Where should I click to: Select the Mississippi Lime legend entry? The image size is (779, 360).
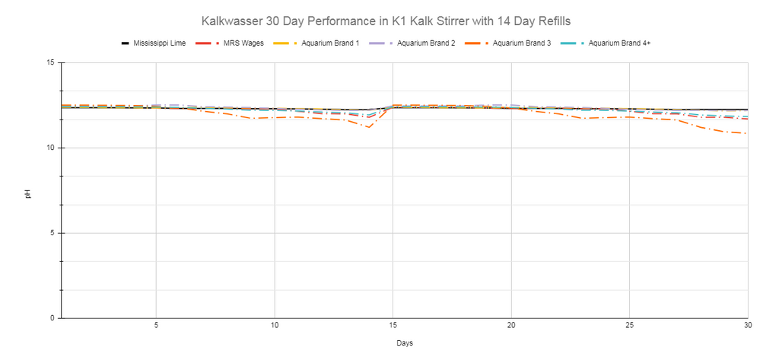(x=154, y=43)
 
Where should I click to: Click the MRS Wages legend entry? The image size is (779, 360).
(x=230, y=43)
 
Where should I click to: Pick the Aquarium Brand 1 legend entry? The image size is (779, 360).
(x=316, y=43)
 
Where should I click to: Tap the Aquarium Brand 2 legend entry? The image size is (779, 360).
(x=412, y=43)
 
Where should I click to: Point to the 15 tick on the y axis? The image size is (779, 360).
(x=51, y=62)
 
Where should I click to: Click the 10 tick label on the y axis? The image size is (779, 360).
(x=51, y=148)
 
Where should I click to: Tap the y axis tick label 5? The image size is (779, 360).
(x=52, y=233)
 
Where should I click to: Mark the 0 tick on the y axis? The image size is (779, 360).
(x=52, y=318)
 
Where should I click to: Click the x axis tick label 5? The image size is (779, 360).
(x=157, y=326)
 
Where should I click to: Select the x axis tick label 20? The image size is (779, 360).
(x=511, y=326)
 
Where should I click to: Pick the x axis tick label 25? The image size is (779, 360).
(x=629, y=326)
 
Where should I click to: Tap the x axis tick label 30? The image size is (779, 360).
(x=748, y=326)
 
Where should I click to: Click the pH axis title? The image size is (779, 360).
(x=28, y=193)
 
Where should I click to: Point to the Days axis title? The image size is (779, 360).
(x=405, y=343)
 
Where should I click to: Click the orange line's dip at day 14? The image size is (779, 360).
(x=369, y=127)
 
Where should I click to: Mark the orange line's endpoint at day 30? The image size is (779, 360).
(x=747, y=133)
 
